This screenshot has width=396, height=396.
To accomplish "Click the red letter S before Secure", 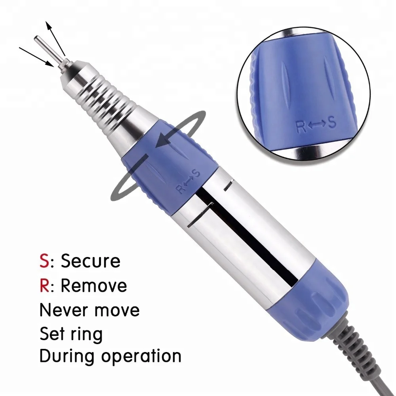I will coord(44,261).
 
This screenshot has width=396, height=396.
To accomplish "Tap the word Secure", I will coord(91,261).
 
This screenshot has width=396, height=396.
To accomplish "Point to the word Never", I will coord(64,310).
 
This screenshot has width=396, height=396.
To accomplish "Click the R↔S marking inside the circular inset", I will coord(316,124).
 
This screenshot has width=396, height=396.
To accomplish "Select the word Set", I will coord(53,334).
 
